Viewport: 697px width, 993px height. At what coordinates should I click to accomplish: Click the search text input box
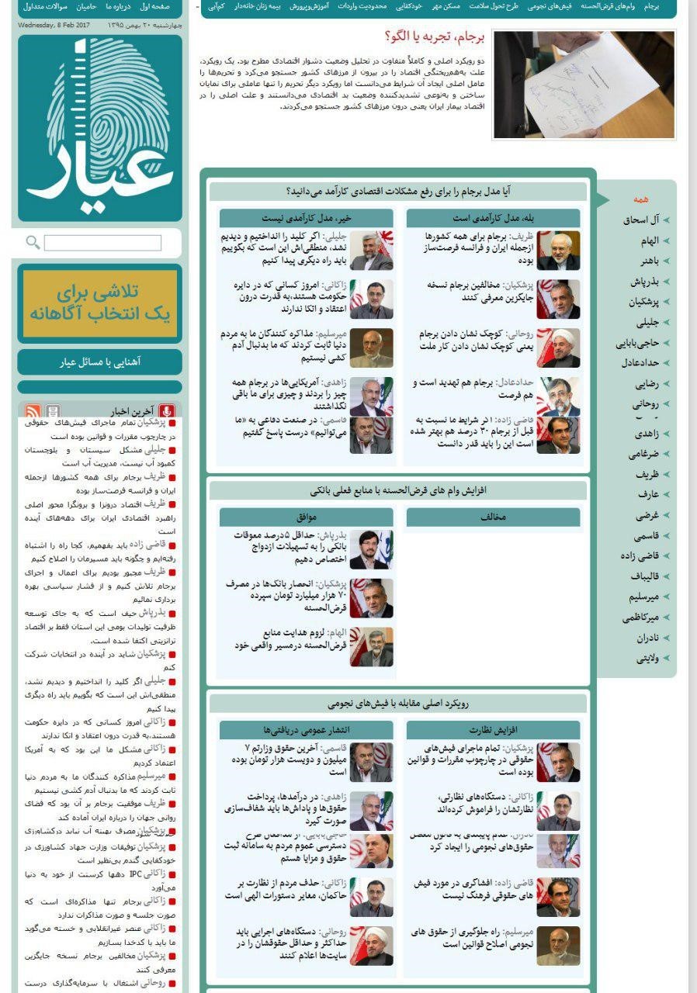[102, 243]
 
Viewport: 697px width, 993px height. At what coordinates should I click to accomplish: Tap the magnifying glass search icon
[33, 243]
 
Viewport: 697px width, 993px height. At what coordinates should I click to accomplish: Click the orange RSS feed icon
[33, 412]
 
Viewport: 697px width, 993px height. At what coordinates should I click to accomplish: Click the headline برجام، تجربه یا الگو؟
[435, 37]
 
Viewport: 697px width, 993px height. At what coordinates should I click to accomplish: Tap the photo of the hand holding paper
[584, 85]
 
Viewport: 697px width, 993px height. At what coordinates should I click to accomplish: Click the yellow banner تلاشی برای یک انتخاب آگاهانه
[99, 303]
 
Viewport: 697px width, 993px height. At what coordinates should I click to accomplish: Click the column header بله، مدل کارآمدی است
[493, 218]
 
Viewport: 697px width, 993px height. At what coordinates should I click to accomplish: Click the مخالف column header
[493, 517]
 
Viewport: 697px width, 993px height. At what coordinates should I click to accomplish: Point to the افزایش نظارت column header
[493, 730]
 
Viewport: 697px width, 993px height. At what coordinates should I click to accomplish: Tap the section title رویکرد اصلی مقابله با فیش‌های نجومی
[398, 704]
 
